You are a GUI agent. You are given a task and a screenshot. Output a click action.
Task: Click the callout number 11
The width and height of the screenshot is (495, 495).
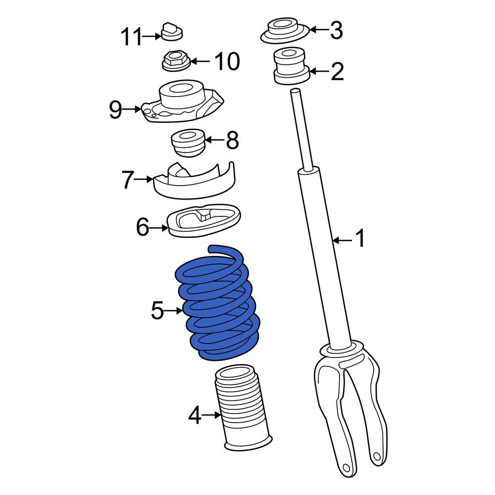point(131,37)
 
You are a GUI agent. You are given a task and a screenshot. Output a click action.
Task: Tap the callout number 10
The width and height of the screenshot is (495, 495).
point(227,61)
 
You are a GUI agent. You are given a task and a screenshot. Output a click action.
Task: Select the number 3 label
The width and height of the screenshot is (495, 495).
point(337,30)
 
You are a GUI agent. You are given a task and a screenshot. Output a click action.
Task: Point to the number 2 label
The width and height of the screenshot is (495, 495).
point(337,72)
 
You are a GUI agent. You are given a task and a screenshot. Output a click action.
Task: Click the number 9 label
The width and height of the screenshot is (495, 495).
point(115,109)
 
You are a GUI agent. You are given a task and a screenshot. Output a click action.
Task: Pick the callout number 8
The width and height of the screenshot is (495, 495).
point(232,140)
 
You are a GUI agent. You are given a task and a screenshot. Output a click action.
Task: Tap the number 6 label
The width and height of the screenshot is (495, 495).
point(143,227)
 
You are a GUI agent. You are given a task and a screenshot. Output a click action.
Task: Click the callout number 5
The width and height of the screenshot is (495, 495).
point(157,311)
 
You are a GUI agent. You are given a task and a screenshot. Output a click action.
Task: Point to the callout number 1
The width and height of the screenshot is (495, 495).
point(360,239)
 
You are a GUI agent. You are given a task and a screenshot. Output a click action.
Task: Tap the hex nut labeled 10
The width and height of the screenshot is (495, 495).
point(177,61)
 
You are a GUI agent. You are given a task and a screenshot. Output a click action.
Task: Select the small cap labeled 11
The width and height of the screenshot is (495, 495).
point(172,32)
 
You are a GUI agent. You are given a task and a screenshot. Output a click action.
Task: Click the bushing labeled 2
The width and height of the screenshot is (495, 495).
point(291,66)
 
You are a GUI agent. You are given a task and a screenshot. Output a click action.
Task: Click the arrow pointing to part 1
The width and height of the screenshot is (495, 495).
point(343,240)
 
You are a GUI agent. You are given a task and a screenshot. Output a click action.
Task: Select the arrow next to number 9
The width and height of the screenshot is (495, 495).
point(132,109)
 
